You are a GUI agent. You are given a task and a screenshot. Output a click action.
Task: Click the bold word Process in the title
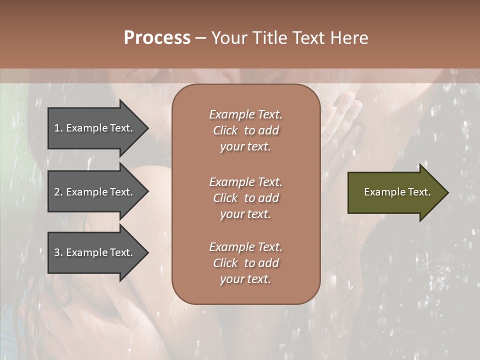point(157,38)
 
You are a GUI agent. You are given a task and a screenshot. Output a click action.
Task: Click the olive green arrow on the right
point(395,192)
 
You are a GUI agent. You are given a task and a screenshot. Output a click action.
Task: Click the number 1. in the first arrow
point(58,128)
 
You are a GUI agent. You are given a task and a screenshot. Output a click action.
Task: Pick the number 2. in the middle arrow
point(58,192)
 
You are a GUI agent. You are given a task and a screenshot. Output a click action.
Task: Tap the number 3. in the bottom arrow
point(58,252)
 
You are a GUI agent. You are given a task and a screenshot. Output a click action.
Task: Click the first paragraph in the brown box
point(245,130)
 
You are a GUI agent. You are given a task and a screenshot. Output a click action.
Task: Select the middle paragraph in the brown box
point(245,198)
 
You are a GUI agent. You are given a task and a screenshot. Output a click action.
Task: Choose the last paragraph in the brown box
point(245,263)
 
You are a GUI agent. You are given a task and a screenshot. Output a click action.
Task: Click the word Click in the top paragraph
point(225,130)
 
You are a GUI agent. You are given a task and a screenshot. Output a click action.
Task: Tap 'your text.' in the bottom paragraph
point(245,279)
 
